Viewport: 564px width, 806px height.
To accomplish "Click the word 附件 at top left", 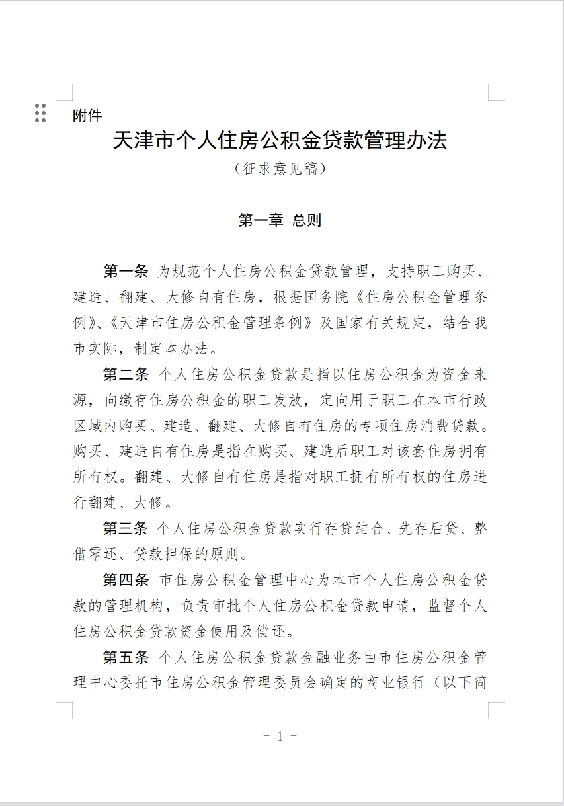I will pyautogui.click(x=87, y=116).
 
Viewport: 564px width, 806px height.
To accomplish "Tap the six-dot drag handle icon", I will pyautogui.click(x=40, y=113).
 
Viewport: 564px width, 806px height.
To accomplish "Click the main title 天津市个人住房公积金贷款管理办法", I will pyautogui.click(x=280, y=141).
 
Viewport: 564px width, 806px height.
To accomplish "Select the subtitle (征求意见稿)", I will pyautogui.click(x=280, y=169).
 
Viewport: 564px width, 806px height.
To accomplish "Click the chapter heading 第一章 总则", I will pyautogui.click(x=280, y=220).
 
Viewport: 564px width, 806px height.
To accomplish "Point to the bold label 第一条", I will pyautogui.click(x=126, y=271).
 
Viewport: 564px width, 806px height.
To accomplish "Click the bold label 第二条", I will pyautogui.click(x=126, y=374).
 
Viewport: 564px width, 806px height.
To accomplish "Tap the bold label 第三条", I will pyautogui.click(x=126, y=529).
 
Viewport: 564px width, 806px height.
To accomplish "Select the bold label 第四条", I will pyautogui.click(x=126, y=581).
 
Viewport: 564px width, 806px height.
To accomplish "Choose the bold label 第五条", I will pyautogui.click(x=126, y=658).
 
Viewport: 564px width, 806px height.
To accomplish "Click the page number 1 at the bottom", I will pyautogui.click(x=280, y=736).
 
